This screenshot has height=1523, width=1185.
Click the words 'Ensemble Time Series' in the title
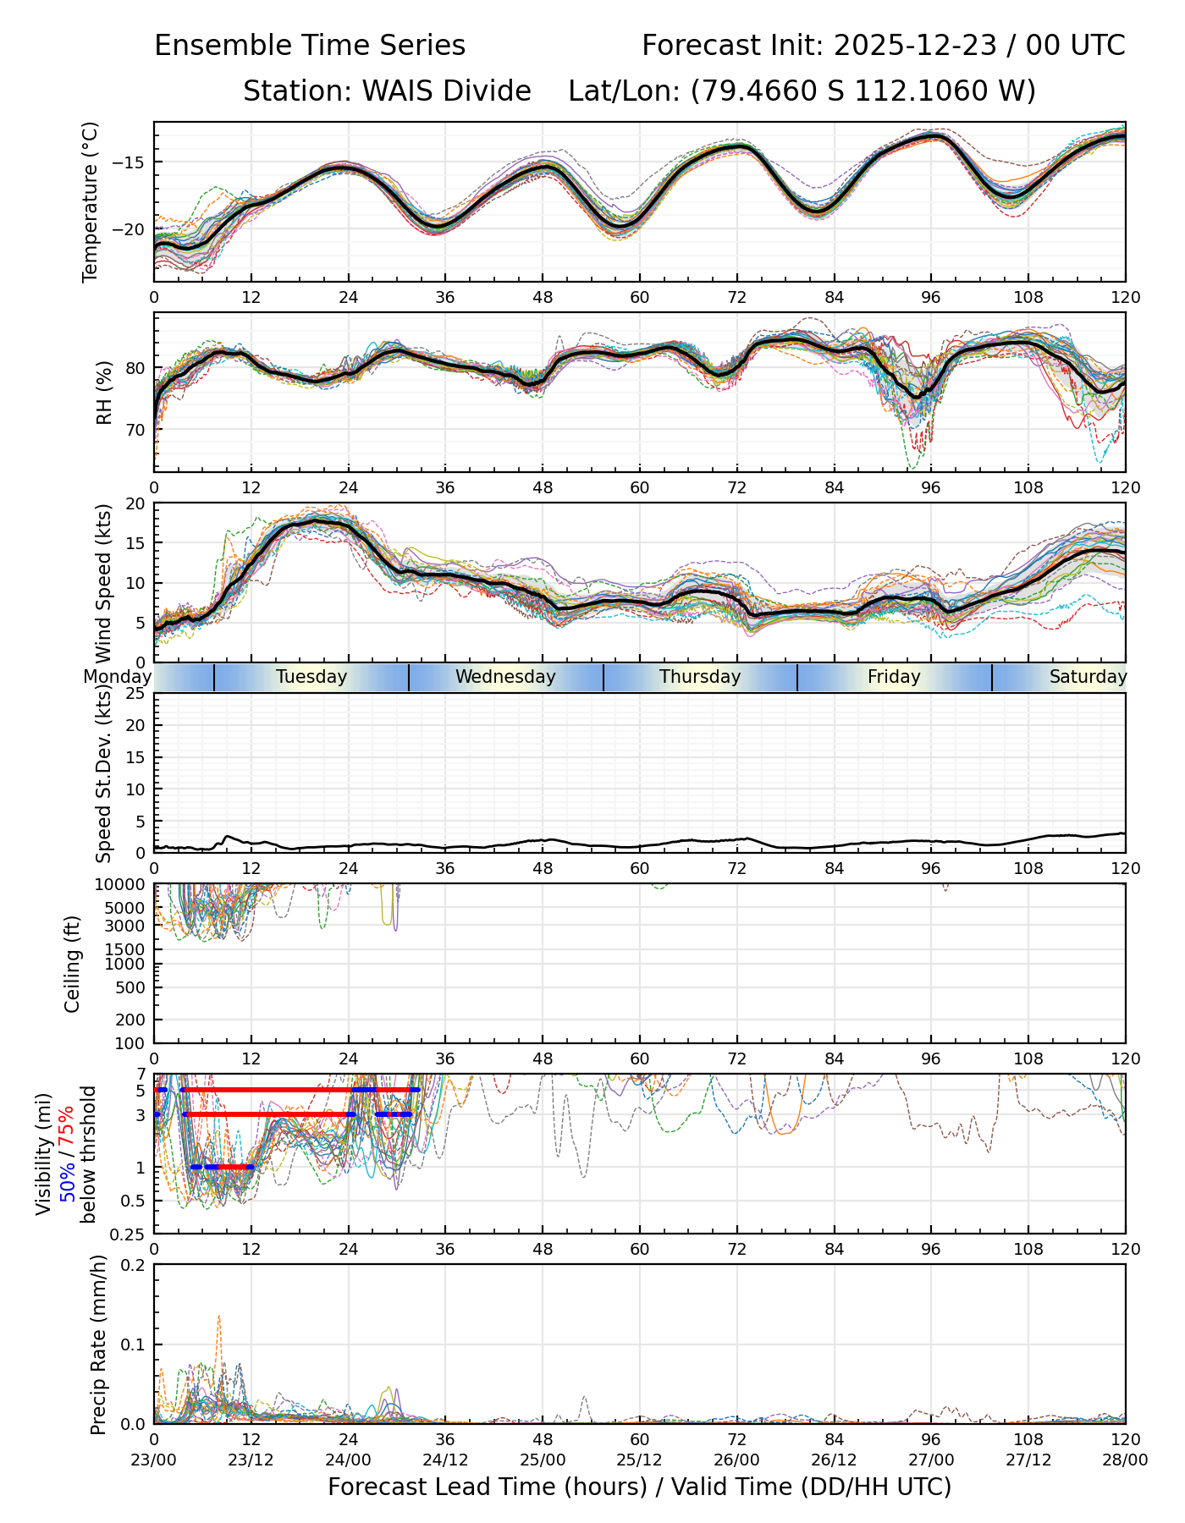click(x=310, y=46)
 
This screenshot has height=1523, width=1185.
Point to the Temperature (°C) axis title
click(x=91, y=201)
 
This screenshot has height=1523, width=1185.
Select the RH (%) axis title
click(x=104, y=393)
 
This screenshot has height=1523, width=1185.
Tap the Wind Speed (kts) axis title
click(x=104, y=584)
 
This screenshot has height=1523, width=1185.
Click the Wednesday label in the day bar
click(x=505, y=677)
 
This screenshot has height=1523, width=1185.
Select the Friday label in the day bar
click(x=894, y=677)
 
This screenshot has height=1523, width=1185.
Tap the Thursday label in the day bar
click(x=700, y=677)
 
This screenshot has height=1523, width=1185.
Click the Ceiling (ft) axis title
click(x=73, y=964)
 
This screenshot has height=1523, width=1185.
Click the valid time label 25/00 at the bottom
click(x=543, y=1460)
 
